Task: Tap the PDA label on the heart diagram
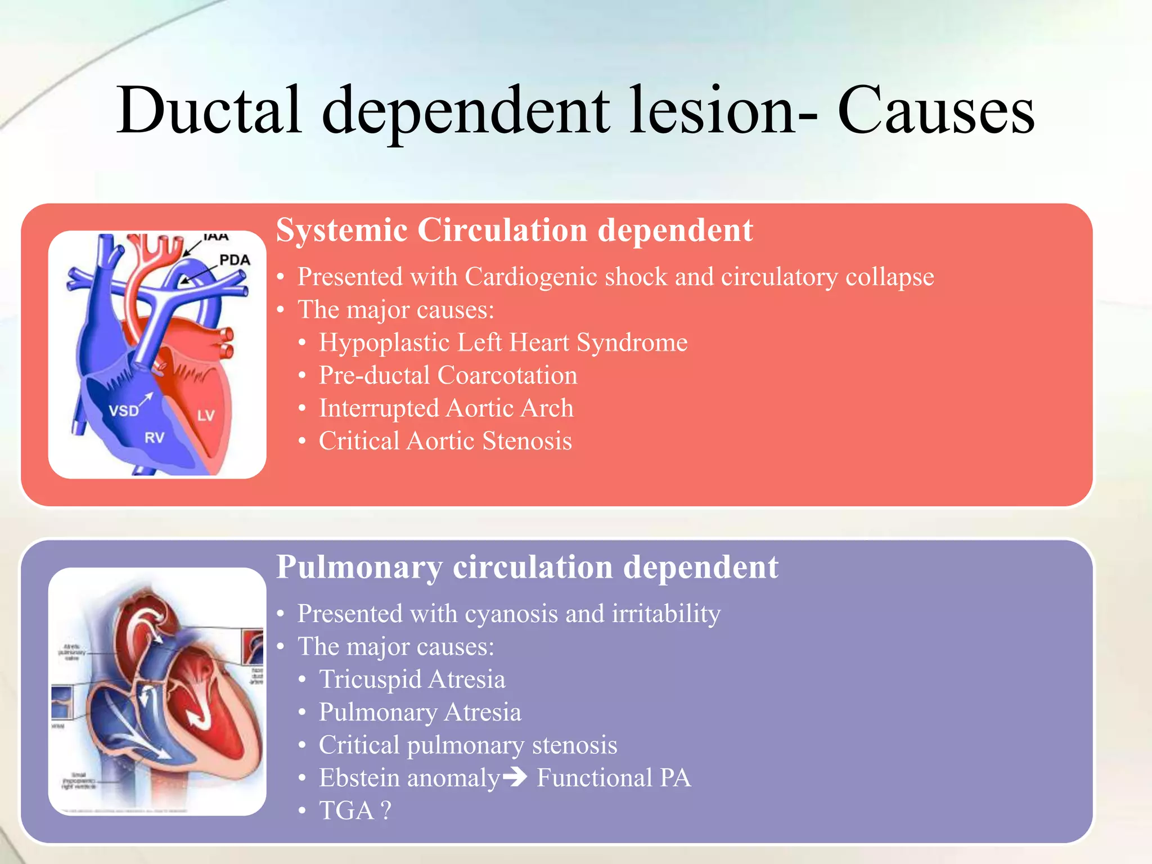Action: (235, 260)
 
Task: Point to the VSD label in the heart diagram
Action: (124, 411)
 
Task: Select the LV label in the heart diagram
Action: (206, 416)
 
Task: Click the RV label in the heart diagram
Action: (154, 438)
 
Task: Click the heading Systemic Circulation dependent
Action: (514, 230)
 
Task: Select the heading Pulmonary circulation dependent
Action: (527, 566)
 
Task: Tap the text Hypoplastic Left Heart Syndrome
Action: (503, 343)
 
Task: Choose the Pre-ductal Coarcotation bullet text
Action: (448, 375)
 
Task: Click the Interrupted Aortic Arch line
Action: (446, 408)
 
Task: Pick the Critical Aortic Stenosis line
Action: (445, 441)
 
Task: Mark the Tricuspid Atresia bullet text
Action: (412, 679)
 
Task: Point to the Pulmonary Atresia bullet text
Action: (420, 712)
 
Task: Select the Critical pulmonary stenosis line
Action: (467, 745)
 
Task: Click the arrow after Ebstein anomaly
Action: (515, 777)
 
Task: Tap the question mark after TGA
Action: (386, 811)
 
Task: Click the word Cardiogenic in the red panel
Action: (529, 277)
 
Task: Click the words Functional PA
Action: (614, 778)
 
